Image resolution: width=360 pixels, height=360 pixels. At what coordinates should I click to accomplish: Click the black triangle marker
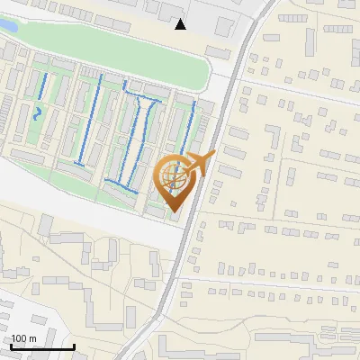pos(181,23)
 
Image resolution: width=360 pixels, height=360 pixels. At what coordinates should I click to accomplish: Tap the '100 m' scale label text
pos(24,337)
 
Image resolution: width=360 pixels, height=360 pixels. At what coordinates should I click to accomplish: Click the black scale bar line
pos(42,346)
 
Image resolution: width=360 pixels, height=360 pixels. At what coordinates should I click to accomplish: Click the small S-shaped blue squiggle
pos(38,113)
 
